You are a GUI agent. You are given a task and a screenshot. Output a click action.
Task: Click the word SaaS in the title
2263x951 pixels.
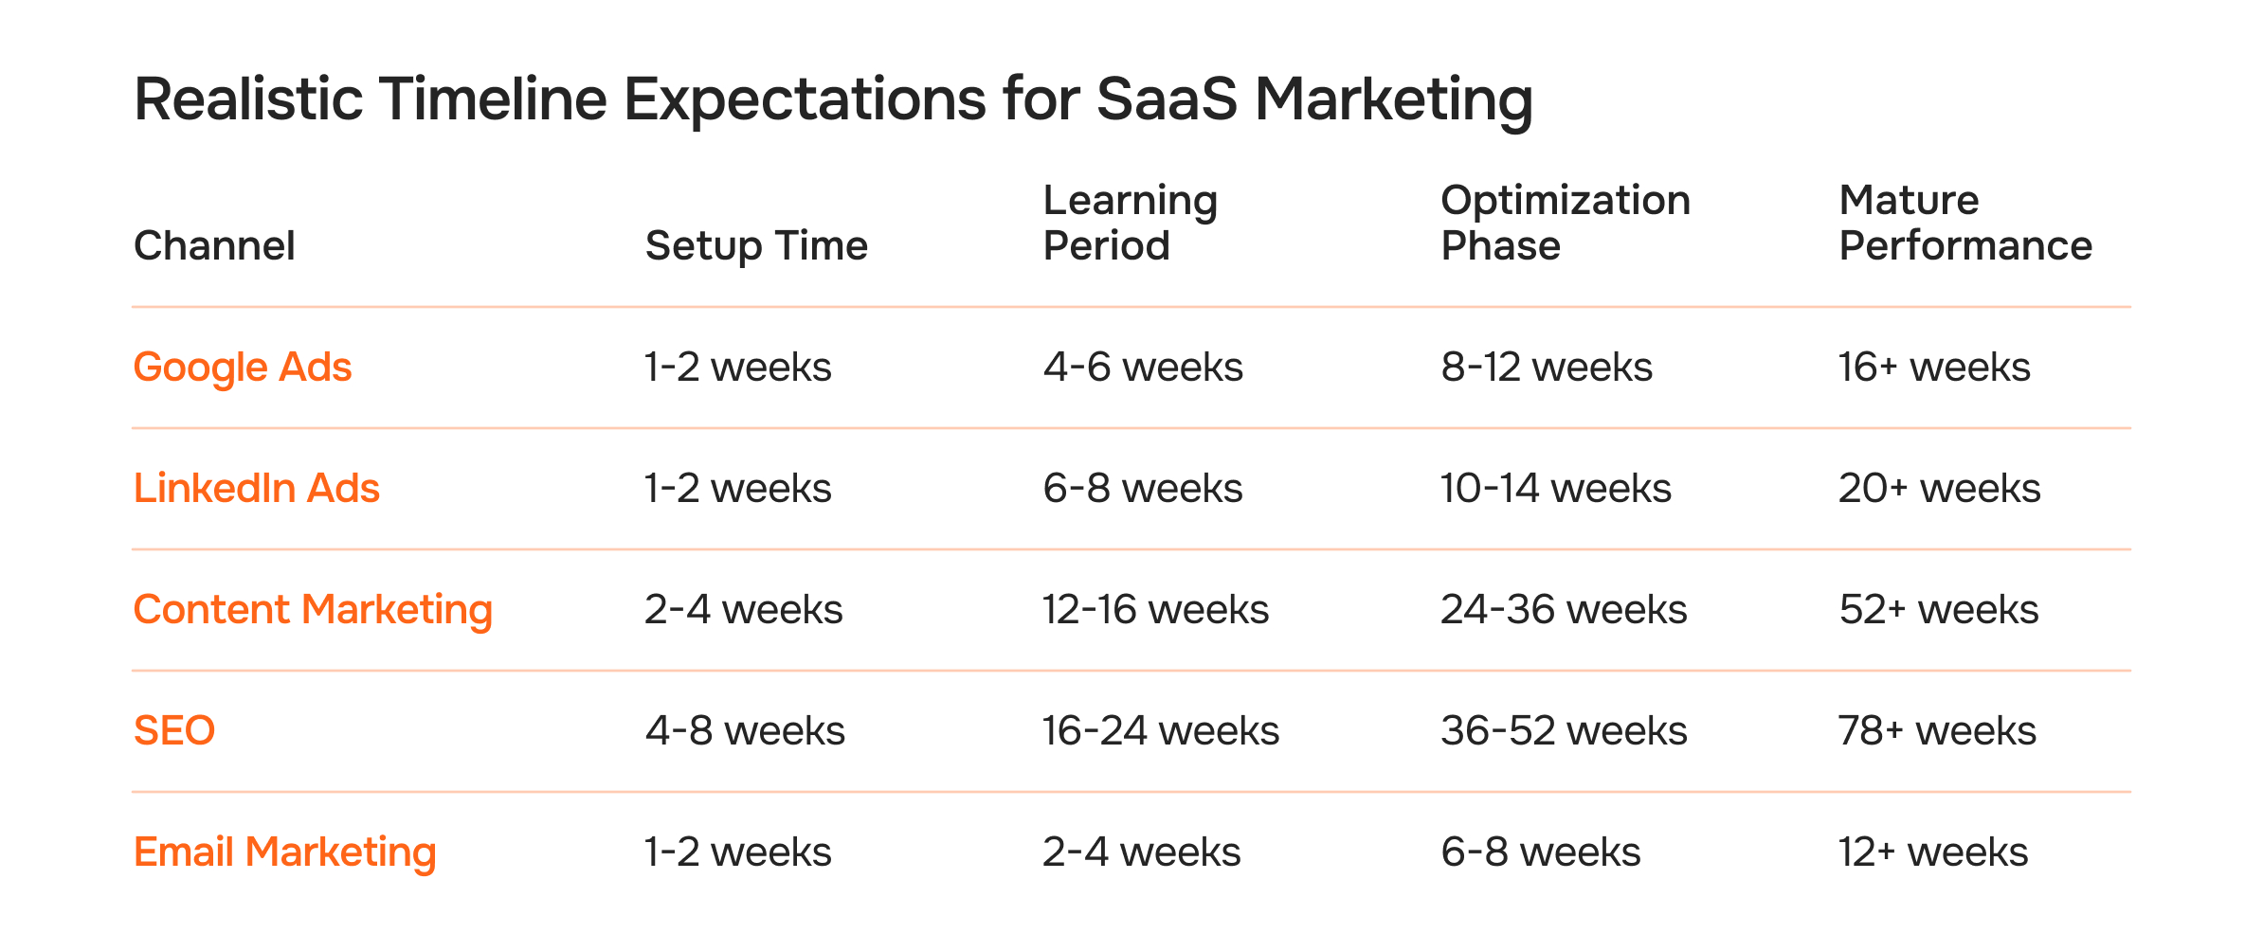coord(1167,99)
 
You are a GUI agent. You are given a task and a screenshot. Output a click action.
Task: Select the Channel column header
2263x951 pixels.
coord(214,246)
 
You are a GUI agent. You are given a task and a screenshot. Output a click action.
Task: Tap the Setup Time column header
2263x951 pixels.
coord(756,246)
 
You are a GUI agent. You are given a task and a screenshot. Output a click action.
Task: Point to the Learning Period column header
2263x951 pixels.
coord(1130,224)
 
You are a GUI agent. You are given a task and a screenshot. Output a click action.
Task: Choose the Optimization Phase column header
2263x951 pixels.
coord(1565,224)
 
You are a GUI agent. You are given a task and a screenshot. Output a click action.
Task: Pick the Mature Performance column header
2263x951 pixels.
coord(1964,224)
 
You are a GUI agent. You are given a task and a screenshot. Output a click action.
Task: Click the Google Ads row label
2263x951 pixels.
coord(243,368)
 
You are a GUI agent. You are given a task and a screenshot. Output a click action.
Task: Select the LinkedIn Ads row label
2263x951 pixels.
coord(256,489)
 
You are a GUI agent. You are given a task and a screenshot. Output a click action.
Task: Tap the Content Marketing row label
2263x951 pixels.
coord(313,610)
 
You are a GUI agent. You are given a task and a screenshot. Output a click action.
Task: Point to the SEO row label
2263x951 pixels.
coord(174,731)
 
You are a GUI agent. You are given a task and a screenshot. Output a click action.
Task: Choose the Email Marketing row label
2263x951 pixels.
coord(284,852)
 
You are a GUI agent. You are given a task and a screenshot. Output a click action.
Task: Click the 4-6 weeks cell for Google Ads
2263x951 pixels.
coord(1143,368)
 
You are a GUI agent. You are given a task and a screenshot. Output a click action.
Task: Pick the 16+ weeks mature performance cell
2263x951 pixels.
coord(1934,368)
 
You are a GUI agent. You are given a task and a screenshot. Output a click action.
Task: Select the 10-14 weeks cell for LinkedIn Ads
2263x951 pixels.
coord(1556,489)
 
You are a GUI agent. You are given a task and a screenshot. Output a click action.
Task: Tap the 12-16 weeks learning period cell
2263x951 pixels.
coord(1155,610)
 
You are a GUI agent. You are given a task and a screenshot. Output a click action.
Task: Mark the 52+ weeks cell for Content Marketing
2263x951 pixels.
coord(1939,610)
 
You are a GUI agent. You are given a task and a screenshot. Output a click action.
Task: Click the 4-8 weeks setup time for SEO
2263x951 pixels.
coord(745,731)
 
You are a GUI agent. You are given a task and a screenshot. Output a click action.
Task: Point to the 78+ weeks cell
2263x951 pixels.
coord(1937,731)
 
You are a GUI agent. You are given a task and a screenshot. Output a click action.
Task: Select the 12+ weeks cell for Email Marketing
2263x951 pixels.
coord(1933,852)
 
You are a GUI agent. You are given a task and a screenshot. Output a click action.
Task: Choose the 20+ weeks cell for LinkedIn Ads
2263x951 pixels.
coord(1939,489)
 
